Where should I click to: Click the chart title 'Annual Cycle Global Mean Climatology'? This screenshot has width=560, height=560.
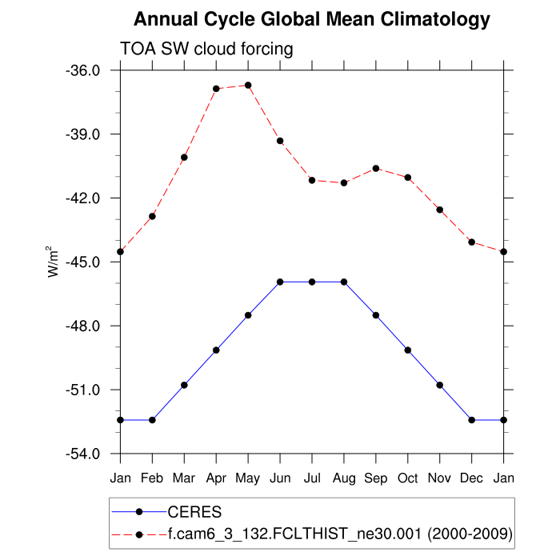click(x=312, y=19)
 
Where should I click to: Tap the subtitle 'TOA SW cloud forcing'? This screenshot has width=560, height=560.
click(x=206, y=49)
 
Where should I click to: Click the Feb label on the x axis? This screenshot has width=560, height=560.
click(x=152, y=478)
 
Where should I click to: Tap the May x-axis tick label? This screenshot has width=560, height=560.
click(x=248, y=478)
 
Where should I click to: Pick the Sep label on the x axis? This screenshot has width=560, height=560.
click(x=376, y=478)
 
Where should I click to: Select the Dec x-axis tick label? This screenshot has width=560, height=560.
click(x=472, y=478)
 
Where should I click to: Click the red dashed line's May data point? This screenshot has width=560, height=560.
click(x=248, y=85)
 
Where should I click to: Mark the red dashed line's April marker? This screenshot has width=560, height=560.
click(x=216, y=88)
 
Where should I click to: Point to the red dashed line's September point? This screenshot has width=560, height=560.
click(x=376, y=168)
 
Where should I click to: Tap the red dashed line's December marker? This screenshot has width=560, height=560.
click(x=472, y=242)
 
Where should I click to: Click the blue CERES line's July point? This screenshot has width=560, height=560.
click(x=312, y=282)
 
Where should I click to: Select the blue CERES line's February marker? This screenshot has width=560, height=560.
click(x=152, y=420)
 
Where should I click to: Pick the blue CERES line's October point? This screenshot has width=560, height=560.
click(x=408, y=350)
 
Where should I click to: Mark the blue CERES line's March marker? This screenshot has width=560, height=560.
click(x=184, y=385)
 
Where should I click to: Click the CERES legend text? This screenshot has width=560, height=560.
click(x=194, y=511)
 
